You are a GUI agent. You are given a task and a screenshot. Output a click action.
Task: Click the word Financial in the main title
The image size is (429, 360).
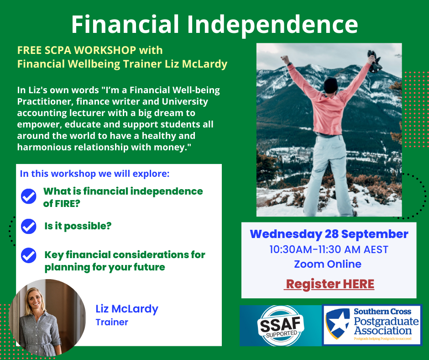(x=125, y=24)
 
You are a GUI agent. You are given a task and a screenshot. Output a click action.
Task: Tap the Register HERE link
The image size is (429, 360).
(x=329, y=284)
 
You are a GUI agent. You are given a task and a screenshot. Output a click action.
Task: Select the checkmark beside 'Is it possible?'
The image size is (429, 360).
(x=28, y=226)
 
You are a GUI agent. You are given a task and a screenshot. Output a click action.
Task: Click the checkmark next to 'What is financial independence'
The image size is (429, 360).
(x=28, y=196)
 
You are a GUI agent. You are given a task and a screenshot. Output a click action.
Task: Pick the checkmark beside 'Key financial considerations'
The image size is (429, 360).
(x=28, y=255)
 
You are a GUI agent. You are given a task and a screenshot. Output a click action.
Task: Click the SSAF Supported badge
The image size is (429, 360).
(x=281, y=326)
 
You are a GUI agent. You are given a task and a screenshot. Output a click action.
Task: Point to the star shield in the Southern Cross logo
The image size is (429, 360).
(x=338, y=323)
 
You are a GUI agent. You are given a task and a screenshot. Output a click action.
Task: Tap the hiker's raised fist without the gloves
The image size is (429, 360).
(x=285, y=59)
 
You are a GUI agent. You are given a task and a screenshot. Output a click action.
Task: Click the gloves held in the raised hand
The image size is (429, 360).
(x=374, y=62)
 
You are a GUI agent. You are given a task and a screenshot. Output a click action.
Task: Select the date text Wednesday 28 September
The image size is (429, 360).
(x=329, y=234)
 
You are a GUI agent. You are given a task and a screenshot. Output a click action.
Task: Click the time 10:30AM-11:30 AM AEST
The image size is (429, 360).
(x=329, y=249)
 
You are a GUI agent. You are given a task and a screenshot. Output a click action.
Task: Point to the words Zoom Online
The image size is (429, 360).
(x=328, y=264)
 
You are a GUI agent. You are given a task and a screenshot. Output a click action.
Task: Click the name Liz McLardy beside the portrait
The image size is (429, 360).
(x=127, y=309)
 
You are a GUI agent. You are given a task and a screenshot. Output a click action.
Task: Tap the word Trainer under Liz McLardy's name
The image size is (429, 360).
(x=112, y=322)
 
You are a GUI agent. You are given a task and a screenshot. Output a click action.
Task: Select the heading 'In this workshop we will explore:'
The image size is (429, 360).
(x=94, y=174)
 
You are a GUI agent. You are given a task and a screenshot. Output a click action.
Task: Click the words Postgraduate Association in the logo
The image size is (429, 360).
(x=386, y=326)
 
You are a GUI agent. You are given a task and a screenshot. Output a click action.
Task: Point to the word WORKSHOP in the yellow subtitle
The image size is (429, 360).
(x=105, y=50)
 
